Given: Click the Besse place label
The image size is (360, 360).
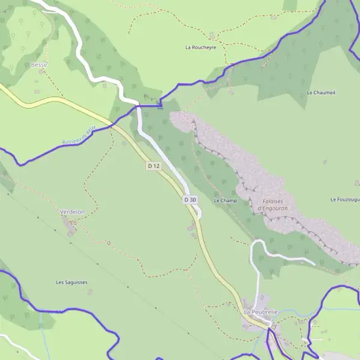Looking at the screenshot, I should (x=39, y=64).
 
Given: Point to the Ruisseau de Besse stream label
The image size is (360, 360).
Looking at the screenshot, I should (x=79, y=136).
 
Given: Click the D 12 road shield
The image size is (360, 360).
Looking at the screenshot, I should (x=154, y=166).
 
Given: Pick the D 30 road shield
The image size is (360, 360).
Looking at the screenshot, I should (x=190, y=199).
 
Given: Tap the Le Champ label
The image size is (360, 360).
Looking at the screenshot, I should (x=225, y=200).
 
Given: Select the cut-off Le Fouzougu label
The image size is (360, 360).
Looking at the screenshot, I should (x=344, y=199).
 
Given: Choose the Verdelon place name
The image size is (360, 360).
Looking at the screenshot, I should (x=72, y=212).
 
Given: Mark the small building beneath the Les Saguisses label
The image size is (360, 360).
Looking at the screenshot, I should (x=90, y=292).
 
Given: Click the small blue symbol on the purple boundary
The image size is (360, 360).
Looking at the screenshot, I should (x=160, y=107).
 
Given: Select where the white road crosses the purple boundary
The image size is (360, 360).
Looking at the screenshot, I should (x=139, y=106).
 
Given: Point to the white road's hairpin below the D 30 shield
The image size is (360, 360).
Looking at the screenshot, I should (x=199, y=214).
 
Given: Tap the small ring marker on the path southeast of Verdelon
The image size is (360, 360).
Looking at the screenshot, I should (x=109, y=242).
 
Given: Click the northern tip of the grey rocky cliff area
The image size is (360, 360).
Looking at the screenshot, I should (x=175, y=114).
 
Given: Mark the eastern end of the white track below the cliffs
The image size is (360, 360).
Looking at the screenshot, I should (x=314, y=263).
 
